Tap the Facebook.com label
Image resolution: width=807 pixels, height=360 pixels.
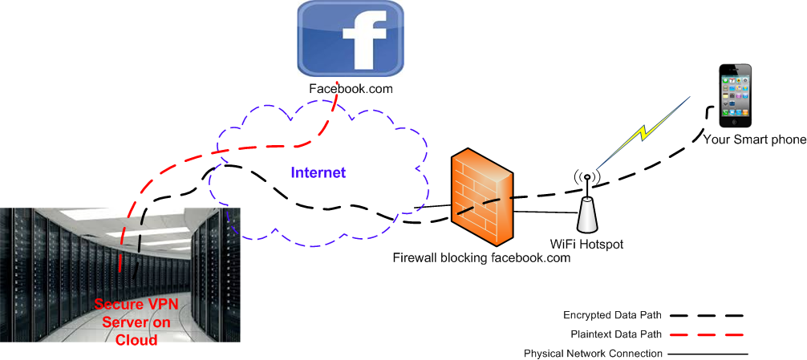tap(351, 89)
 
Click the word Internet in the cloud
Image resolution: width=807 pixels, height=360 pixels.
tap(318, 172)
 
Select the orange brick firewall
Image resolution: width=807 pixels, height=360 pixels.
tap(481, 196)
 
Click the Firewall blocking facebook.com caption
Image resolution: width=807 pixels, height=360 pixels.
tap(481, 258)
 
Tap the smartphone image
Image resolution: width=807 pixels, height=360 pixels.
tap(736, 96)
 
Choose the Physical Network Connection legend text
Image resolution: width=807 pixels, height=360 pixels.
tap(593, 353)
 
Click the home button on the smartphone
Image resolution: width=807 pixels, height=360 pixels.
tap(736, 120)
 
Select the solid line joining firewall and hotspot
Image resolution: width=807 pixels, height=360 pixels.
tap(545, 212)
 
